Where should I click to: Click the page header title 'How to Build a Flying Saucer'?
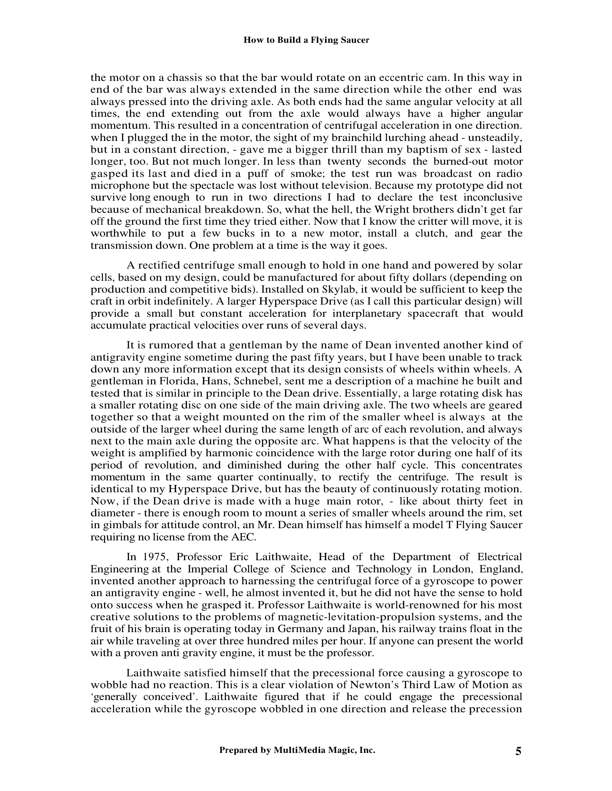coord(306,40)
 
